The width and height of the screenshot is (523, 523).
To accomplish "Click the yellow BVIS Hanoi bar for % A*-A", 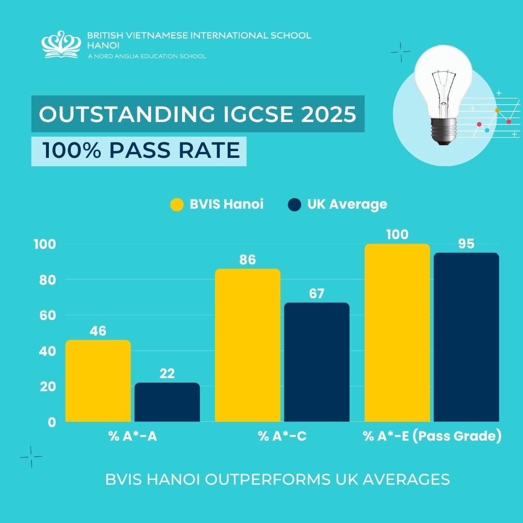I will (98, 381).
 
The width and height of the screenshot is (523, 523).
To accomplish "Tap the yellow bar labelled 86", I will (247, 345).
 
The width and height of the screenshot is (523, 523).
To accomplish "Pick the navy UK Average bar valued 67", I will (317, 362).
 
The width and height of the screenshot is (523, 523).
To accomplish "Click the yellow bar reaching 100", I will (397, 332).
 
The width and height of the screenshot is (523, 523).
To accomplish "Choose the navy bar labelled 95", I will (466, 337).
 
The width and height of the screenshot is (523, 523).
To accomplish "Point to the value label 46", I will (98, 331).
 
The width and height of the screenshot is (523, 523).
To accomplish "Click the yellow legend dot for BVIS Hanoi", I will (177, 204).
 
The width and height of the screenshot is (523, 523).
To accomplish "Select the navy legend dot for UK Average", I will (294, 204).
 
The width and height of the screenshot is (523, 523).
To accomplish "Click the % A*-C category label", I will (282, 436).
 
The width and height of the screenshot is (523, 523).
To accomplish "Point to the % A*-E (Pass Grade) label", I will (432, 436).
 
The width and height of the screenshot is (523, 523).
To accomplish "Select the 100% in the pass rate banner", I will (71, 151).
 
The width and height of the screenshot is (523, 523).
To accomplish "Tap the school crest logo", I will (61, 45).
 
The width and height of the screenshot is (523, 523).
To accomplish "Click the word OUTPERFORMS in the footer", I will (277, 479).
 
